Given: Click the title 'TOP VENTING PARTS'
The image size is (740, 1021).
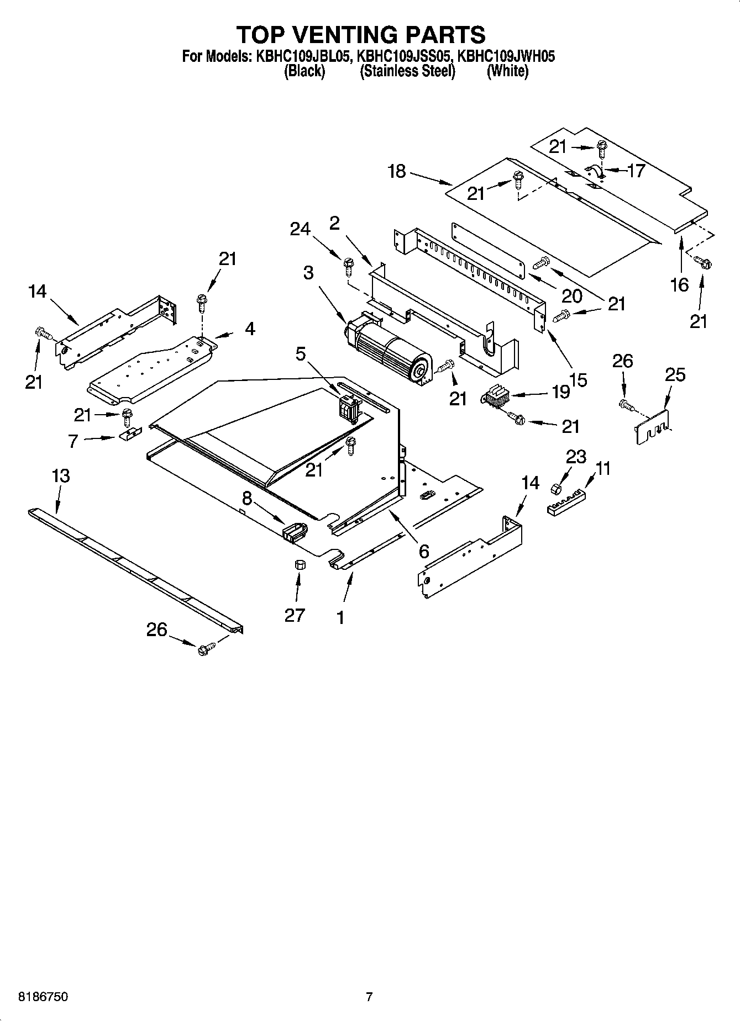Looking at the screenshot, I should pos(361,35).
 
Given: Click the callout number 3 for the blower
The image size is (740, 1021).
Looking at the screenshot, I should pos(308,272).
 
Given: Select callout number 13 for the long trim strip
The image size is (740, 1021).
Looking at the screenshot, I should pos(61,475).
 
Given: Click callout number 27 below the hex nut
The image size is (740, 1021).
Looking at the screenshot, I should pos(295,615).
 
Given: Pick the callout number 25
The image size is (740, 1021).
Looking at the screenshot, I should pos(675,375).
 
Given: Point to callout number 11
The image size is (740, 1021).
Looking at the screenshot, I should pos(603,469).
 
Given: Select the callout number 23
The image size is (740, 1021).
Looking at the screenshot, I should pos(575,457).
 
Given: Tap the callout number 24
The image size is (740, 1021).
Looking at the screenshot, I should pos(300,229).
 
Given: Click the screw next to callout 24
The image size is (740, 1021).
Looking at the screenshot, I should pos(348,266).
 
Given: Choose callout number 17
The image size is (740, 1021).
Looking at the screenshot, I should pos(636,171).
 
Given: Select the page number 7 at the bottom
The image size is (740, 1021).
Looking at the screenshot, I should pos(369,997).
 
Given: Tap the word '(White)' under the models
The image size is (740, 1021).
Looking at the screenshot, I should pos(507,71).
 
